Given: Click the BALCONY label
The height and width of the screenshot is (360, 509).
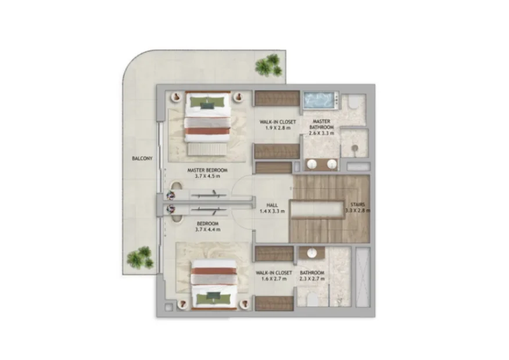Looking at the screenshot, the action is [142, 159].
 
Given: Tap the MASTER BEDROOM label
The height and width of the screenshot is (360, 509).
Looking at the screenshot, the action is [207, 170].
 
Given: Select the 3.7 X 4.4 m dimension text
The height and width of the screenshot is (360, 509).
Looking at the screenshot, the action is [208, 229].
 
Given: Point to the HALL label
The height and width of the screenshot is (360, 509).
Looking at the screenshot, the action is [272, 205].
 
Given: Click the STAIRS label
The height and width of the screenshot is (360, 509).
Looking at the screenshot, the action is [358, 205].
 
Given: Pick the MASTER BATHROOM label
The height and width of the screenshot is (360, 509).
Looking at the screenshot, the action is [322, 124].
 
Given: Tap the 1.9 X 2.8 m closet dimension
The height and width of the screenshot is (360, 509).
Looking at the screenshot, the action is [278, 128].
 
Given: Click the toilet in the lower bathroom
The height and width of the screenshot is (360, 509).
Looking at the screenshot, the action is [312, 300].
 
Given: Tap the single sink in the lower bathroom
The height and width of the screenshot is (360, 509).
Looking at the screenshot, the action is [312, 253].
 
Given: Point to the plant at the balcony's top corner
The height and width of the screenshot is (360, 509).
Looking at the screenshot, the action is [268, 65].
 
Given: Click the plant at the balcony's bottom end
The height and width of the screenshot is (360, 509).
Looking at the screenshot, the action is [141, 257].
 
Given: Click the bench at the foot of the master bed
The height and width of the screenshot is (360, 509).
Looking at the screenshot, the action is [207, 149].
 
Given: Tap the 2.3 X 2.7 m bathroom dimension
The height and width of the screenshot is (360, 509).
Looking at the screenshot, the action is [312, 279].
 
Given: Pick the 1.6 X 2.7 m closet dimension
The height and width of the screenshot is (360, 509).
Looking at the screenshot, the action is [274, 279].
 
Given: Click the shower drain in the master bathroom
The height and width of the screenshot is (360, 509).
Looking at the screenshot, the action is [355, 148].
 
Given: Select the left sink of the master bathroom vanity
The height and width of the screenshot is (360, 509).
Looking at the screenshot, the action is [312, 165].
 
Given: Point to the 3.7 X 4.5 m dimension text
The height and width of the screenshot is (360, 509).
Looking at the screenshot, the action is [207, 176].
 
